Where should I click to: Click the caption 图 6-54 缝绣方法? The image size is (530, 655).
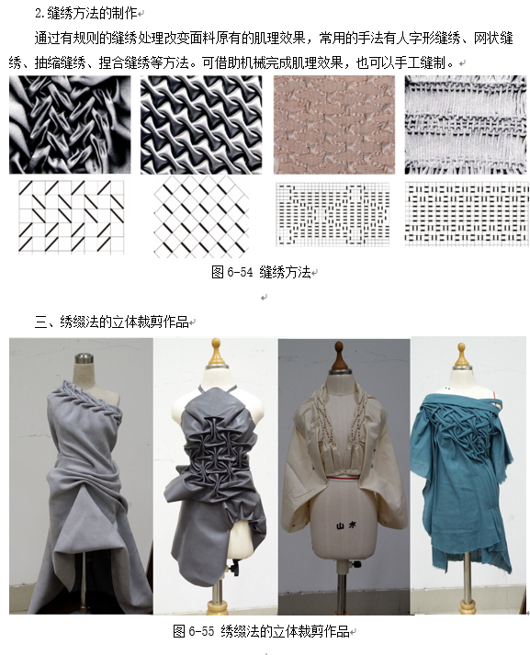262,272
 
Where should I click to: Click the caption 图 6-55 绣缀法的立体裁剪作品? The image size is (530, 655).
261,631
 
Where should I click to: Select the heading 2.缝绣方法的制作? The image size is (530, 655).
86,14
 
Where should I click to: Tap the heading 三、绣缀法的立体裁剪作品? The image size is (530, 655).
111,322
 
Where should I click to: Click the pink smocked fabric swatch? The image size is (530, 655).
334,125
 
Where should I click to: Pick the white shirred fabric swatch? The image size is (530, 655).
466,125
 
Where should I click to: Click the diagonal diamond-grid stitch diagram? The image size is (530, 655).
201,216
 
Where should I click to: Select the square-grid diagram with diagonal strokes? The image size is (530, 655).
72,217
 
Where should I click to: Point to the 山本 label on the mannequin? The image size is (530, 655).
346,525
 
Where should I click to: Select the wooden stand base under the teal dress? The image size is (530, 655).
467,605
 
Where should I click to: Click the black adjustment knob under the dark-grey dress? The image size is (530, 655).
231,568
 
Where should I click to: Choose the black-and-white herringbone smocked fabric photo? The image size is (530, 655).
70,125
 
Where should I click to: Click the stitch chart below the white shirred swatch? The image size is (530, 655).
467,212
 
